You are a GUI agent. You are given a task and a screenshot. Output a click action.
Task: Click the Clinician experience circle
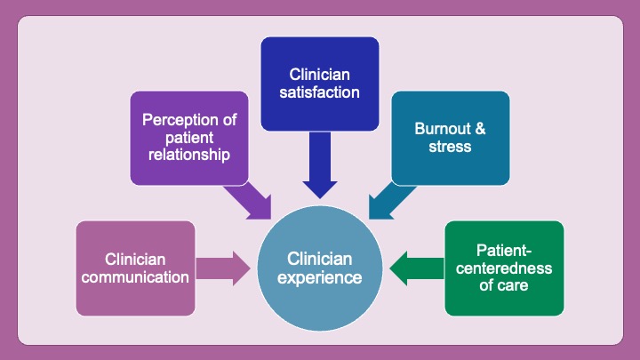(320, 268)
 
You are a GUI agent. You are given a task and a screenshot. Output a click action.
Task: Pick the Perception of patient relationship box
(188, 138)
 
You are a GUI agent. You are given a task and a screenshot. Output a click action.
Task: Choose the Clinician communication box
(135, 268)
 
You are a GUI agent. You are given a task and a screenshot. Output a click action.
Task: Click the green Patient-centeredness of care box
(504, 268)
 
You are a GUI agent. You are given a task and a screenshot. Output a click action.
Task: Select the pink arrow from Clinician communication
(223, 268)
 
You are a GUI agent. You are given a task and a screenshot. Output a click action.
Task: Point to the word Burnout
(437, 128)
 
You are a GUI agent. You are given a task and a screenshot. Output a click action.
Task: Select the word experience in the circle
(320, 277)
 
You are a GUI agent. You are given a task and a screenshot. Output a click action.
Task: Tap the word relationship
(188, 156)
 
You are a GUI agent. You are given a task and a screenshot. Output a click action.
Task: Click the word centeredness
(504, 268)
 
